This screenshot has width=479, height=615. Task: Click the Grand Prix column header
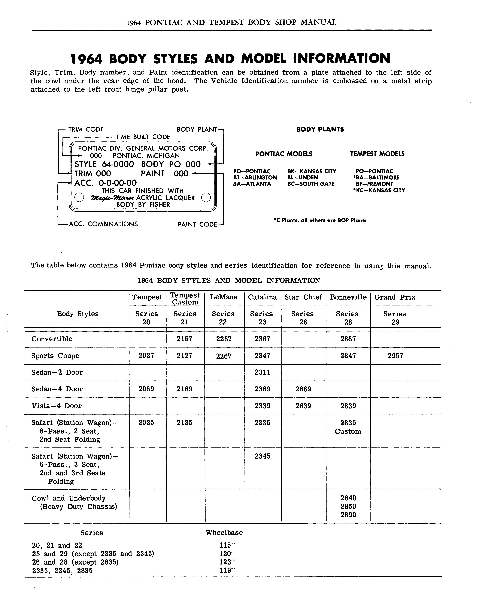(x=395, y=297)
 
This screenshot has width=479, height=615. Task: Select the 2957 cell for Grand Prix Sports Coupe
(x=395, y=356)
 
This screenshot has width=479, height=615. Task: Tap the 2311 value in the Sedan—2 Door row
(x=262, y=372)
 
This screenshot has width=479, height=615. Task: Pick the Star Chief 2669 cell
(x=303, y=389)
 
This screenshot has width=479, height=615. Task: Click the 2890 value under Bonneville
(x=348, y=515)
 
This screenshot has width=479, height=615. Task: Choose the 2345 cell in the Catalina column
(x=262, y=456)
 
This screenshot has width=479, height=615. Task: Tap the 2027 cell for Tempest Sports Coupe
(x=146, y=356)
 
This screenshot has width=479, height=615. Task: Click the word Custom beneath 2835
(x=348, y=431)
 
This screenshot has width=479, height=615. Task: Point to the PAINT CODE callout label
(x=197, y=224)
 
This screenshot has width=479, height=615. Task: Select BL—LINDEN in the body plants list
(x=303, y=177)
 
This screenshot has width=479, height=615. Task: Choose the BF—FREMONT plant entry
(x=375, y=184)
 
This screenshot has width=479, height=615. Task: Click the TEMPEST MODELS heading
(x=377, y=154)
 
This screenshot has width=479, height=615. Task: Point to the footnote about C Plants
(x=319, y=220)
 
